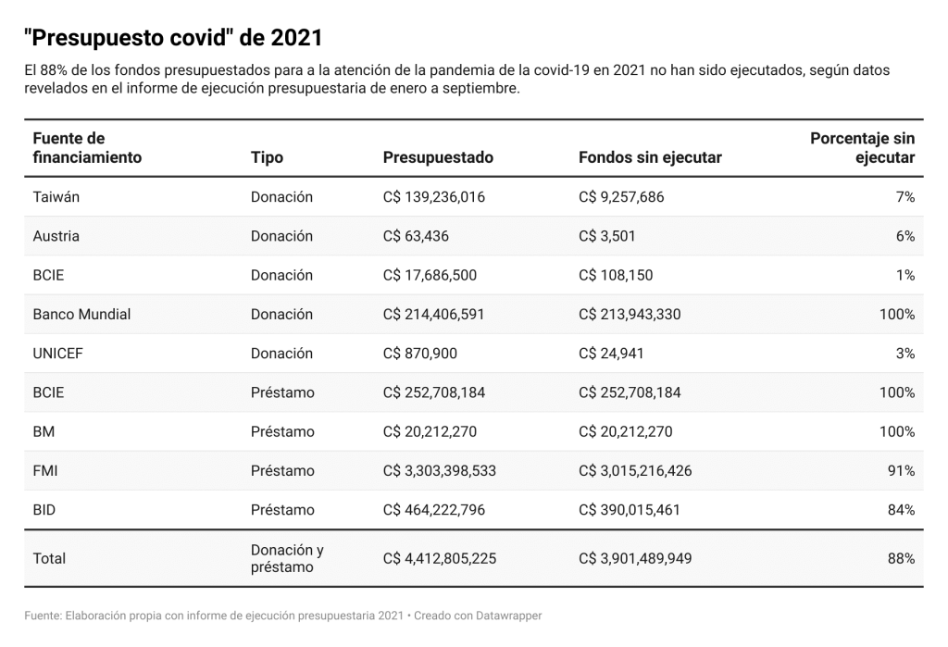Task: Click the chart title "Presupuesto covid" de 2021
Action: [x=173, y=38]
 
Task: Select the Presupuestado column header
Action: [x=438, y=158]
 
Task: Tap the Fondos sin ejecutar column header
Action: [x=650, y=158]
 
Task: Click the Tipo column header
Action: [x=267, y=158]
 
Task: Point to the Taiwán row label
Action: [x=56, y=197]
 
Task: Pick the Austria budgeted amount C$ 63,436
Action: [x=416, y=236]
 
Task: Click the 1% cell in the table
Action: [x=905, y=275]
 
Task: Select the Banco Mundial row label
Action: [x=81, y=315]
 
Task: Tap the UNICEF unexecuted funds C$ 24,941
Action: [x=611, y=354]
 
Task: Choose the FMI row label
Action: [x=45, y=471]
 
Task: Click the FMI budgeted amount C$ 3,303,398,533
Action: [x=440, y=471]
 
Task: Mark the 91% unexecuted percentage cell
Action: [x=901, y=471]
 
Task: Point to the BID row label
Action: [x=44, y=510]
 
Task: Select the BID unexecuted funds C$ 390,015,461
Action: [x=630, y=510]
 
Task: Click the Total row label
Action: [x=49, y=559]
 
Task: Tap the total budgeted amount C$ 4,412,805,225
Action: [x=440, y=559]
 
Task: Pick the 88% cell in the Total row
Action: [x=901, y=559]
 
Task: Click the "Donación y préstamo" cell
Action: [x=287, y=559]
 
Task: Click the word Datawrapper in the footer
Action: [x=508, y=616]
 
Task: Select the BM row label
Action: [x=44, y=431]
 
